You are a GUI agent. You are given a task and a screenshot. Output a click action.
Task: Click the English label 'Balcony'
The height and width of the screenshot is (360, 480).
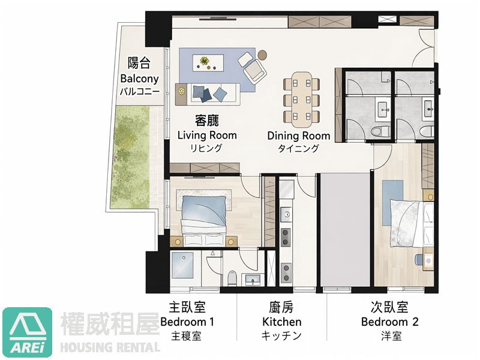tap(139, 79)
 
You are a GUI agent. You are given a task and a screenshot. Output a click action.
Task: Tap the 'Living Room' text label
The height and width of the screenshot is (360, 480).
tap(207, 136)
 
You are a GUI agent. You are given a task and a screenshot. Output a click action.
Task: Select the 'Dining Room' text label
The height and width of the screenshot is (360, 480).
tap(299, 136)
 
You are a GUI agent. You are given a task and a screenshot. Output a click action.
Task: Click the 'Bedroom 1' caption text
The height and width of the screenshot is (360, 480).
tap(188, 322)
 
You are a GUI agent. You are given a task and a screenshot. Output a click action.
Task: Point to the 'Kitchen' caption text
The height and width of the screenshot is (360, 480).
tap(281, 322)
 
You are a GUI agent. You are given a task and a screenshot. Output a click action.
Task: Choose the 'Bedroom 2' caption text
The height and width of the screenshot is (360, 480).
tap(389, 322)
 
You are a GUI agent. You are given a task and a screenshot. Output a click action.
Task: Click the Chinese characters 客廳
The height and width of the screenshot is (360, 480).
tap(206, 120)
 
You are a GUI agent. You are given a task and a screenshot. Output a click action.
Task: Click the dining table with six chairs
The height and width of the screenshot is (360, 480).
tap(299, 96)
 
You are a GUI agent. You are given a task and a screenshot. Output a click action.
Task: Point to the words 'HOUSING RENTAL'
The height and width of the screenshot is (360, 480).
tap(111, 347)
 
